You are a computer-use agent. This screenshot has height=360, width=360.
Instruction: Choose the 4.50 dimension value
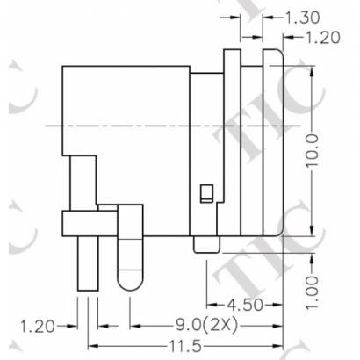click(244, 306)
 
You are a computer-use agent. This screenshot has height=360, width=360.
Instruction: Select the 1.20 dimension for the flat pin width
click(37, 327)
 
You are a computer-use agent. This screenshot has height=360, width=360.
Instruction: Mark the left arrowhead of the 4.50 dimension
click(209, 306)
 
